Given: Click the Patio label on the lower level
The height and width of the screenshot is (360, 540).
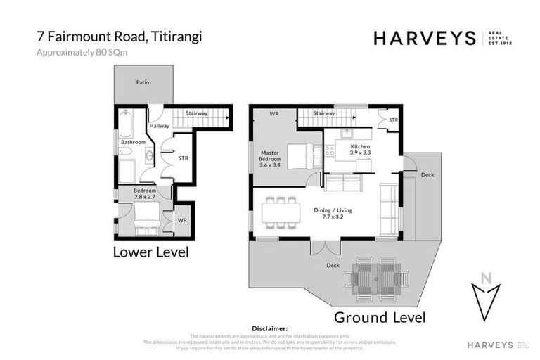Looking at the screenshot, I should coord(143,82).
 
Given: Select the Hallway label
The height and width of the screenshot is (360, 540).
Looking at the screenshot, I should coord(160,126).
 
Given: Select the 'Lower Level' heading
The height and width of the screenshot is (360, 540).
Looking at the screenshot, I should coord(150,252).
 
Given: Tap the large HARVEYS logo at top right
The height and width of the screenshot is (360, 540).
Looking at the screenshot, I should coord(426,38).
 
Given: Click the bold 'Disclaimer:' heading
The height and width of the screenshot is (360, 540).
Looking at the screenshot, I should coord(270,328).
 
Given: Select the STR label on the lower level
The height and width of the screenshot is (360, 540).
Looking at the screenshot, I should coord(184,158).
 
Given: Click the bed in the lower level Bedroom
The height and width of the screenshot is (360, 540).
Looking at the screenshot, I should coord(147,217).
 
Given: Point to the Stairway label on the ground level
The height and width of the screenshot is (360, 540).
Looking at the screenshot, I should coord(323,113).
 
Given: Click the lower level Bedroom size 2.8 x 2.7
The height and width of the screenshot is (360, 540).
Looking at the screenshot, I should coord(144,197).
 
